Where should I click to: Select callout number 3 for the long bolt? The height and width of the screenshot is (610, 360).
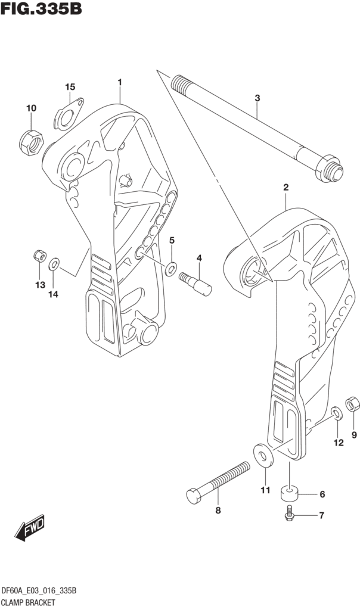click(x=257, y=97)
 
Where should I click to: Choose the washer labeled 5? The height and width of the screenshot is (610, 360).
click(x=172, y=267)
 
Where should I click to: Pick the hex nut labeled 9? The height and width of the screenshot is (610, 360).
click(x=353, y=405)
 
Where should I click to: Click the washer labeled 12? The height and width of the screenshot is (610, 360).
click(x=336, y=413)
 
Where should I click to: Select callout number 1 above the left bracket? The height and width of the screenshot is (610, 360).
click(x=120, y=82)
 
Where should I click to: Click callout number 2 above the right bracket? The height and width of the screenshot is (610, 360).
click(x=285, y=187)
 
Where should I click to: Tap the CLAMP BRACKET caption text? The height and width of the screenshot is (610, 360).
click(x=28, y=602)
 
